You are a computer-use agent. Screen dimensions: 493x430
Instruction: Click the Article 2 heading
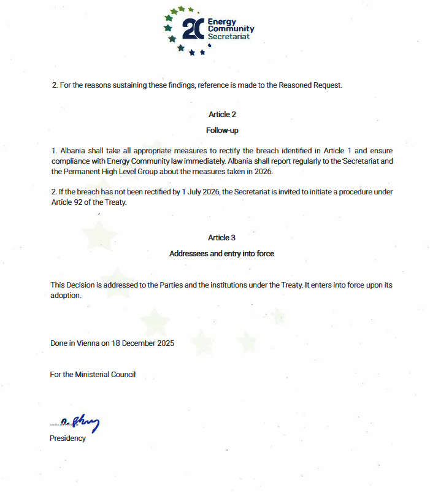[222, 115]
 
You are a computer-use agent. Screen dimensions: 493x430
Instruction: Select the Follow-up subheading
[222, 131]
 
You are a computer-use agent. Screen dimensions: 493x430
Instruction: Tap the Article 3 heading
[222, 238]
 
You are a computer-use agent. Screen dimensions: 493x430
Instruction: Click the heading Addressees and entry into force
[221, 254]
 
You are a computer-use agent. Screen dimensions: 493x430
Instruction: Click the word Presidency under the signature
[67, 438]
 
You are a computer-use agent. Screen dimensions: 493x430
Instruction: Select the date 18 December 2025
[142, 343]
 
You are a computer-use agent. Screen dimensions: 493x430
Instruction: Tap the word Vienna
[89, 343]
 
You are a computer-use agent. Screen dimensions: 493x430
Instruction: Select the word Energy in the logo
[222, 22]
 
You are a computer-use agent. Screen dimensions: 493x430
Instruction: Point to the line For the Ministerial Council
[93, 374]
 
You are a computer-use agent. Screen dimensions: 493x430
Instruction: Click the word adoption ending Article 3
[66, 295]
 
